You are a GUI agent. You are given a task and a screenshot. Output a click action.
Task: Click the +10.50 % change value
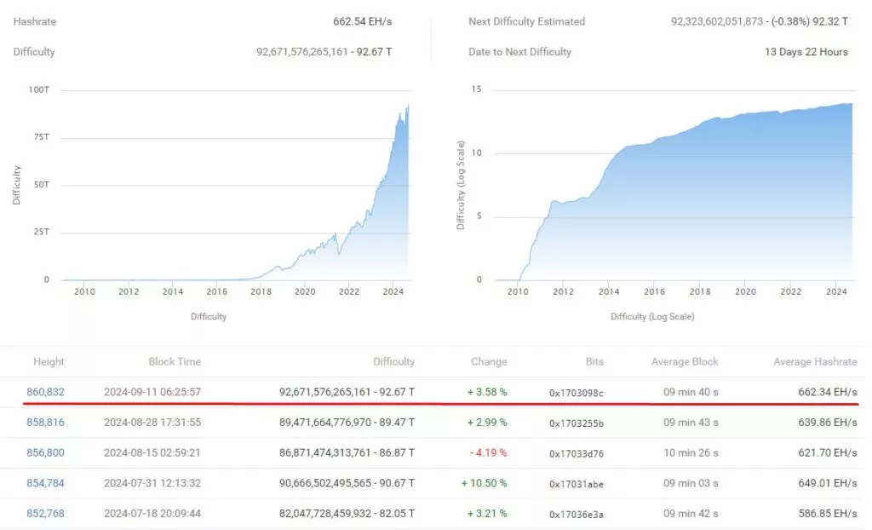pos(484,483)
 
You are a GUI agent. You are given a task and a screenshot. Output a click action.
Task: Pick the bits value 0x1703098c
pos(577,393)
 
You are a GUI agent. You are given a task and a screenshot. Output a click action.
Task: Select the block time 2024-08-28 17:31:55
pos(152,423)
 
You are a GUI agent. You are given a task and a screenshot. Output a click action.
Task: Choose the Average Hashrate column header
pos(815,362)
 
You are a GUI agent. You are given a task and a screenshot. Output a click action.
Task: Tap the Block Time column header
pos(175,362)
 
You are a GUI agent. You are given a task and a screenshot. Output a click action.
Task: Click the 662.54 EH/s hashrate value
pos(363,21)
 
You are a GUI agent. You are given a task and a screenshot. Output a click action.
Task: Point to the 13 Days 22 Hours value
pos(806,52)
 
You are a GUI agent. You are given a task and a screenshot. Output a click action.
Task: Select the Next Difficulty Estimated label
pos(527,21)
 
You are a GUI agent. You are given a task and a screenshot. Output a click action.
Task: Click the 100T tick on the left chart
pos(38,89)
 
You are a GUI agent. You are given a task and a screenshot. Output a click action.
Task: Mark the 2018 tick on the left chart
pos(261,291)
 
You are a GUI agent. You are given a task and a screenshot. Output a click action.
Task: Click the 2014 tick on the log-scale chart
pos(608,291)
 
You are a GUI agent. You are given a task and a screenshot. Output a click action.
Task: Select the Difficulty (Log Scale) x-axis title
pos(652,317)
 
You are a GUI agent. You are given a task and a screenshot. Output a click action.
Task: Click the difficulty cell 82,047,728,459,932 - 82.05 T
pos(347,514)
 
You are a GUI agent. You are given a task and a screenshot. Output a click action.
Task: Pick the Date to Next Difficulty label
pos(520,52)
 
